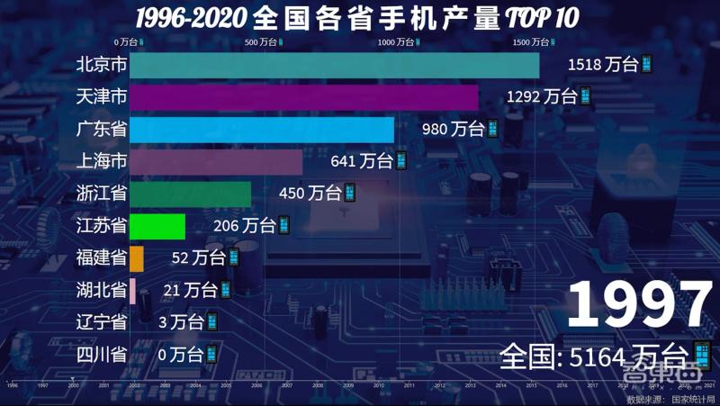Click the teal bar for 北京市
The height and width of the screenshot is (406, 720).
(x=334, y=66)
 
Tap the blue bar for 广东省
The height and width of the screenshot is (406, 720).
(x=262, y=131)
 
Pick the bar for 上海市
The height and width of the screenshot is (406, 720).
(x=216, y=162)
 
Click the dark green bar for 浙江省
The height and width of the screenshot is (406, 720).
(x=190, y=194)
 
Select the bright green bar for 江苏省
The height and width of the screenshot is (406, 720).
(x=157, y=226)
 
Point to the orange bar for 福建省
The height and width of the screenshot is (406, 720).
(x=137, y=258)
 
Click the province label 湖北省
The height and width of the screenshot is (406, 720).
(x=101, y=290)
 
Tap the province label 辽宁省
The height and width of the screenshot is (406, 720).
(x=101, y=322)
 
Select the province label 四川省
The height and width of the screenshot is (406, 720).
(x=101, y=354)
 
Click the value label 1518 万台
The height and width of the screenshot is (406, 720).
(x=608, y=66)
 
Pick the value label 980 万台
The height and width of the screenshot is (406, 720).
(x=460, y=130)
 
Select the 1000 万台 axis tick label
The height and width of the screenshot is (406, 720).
(x=399, y=41)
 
